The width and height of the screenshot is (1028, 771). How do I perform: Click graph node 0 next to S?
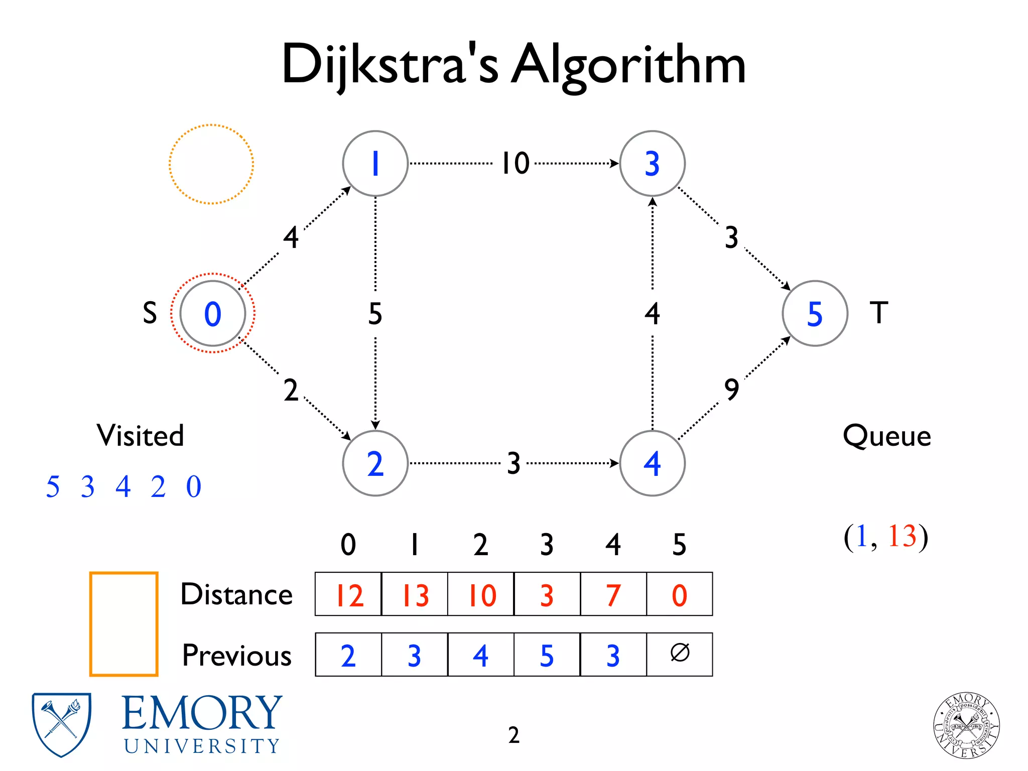pos(212,313)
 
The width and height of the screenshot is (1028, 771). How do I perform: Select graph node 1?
pos(375,164)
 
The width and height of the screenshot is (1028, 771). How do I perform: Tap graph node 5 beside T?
pos(815,313)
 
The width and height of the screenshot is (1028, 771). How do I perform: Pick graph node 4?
pos(652,463)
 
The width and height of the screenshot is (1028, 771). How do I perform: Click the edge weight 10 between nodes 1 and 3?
pos(516,163)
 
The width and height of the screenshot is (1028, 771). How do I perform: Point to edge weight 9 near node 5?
pos(731,389)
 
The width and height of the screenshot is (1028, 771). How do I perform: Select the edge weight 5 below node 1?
pos(375,314)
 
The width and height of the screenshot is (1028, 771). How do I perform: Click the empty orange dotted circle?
pos(211,164)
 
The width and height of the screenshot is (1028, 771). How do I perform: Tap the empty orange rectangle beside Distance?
pos(124,624)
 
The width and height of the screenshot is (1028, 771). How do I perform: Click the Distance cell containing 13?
pos(415,595)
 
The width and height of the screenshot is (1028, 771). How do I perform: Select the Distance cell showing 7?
pos(613,595)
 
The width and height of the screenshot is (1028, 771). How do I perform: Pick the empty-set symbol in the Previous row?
pos(680,654)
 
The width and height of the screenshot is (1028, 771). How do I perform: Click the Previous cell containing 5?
pos(547,655)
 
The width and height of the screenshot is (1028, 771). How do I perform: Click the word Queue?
pos(886,436)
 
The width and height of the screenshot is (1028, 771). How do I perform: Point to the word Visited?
pos(141,435)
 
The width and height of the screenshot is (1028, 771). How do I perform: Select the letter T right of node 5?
pos(878,313)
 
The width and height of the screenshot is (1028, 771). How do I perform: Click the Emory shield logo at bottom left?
pos(61,724)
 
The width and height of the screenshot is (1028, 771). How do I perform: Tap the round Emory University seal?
pos(966,724)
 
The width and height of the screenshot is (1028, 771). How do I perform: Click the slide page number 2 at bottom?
pos(513,735)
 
